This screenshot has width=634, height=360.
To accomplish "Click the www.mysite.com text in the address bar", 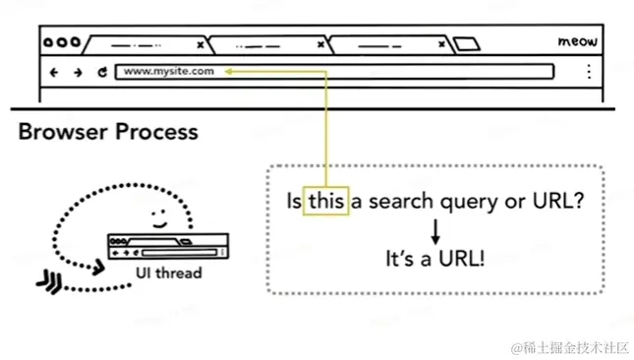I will (168, 71).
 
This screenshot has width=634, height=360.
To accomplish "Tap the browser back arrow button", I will (54, 72).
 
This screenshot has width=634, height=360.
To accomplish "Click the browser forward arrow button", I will (78, 72).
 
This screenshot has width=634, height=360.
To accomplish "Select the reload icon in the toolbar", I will (101, 72).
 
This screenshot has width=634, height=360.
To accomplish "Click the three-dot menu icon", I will (589, 71).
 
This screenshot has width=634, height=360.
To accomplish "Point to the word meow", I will (577, 42).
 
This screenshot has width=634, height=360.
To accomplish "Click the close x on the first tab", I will (201, 45).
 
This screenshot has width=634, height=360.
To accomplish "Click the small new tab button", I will (468, 44).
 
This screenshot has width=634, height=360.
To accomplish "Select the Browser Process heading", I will (108, 132).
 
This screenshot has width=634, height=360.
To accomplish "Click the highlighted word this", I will (326, 202).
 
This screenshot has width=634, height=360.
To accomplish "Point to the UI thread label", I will (168, 272).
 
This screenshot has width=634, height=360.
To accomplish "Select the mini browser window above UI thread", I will (168, 246).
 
